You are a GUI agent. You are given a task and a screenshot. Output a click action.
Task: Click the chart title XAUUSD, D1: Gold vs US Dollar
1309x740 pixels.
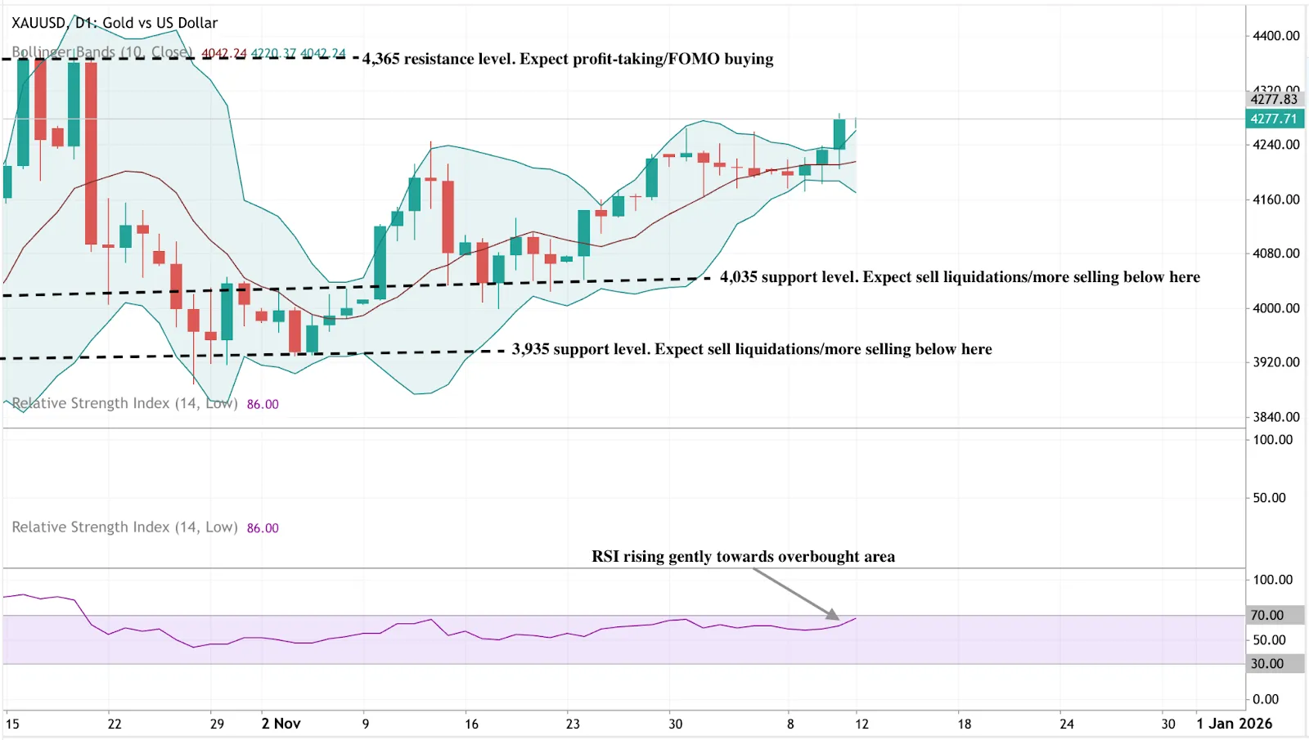pos(115,23)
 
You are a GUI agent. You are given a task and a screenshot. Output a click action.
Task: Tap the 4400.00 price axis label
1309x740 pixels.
pos(1275,36)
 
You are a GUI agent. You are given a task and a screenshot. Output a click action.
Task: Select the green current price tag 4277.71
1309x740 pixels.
pos(1274,119)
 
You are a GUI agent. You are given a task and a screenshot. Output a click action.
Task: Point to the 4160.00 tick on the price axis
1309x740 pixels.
pos(1275,200)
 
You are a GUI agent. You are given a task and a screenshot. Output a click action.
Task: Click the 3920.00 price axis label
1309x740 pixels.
pos(1275,362)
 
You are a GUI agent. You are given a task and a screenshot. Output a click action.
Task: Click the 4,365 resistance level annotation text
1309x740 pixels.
pos(568,59)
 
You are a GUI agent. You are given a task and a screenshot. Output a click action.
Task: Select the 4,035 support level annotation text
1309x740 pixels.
pos(960,277)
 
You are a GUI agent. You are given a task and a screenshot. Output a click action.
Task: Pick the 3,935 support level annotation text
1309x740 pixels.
pos(752,349)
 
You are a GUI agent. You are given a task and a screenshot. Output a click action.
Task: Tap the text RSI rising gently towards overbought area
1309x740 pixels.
pos(743,557)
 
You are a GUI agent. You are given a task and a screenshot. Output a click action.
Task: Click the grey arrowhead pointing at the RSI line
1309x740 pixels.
pos(833,614)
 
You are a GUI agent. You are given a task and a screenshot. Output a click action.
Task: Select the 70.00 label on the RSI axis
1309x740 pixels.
pos(1267,615)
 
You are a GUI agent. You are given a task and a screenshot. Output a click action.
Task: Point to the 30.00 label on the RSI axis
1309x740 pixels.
pos(1267,664)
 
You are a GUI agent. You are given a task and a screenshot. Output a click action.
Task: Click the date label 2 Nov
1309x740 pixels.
pos(281,724)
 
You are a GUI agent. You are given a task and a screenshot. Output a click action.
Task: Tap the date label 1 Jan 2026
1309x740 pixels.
pos(1234,724)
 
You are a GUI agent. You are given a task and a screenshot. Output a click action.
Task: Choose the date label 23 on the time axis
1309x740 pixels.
pos(573,724)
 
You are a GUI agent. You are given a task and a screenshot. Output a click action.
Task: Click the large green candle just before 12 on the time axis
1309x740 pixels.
pos(839,134)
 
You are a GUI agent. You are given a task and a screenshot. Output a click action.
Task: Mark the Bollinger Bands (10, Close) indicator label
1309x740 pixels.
pos(101,52)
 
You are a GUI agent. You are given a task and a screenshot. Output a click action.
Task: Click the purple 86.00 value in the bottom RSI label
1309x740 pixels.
pos(263,528)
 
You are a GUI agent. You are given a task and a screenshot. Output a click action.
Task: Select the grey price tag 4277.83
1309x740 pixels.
pos(1274,99)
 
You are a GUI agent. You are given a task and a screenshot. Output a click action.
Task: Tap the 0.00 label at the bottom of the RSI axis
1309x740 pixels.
pos(1266,699)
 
